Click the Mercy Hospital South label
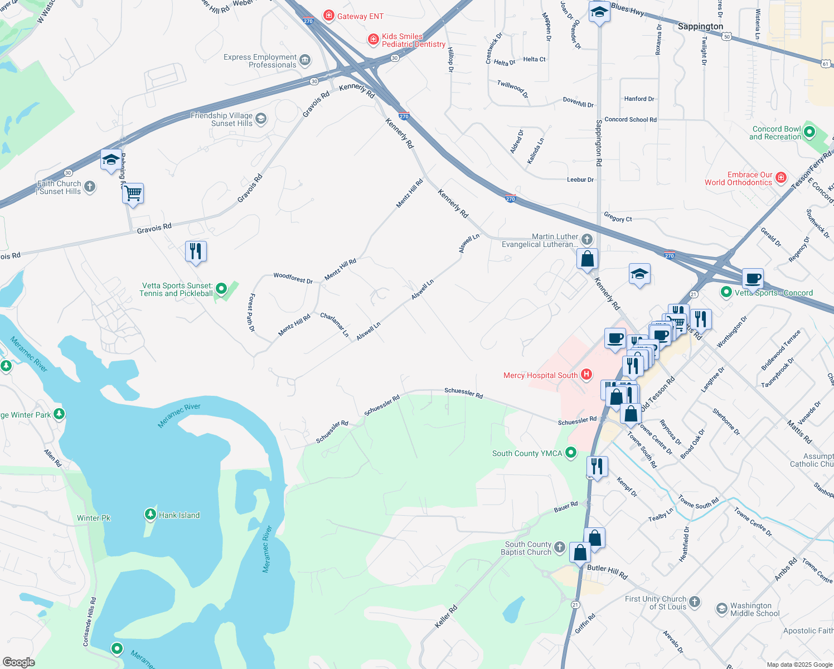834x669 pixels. pos(540,375)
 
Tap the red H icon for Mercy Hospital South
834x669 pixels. pos(586,375)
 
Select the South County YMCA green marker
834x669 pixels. pos(571,453)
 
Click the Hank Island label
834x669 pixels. pos(179,515)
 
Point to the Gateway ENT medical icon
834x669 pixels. pos(329,16)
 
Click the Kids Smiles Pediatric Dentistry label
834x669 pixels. pos(413,40)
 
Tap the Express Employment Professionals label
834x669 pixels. pos(260,61)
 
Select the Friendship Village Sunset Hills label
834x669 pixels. pos(221,119)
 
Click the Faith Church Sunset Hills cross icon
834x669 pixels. pos(90,187)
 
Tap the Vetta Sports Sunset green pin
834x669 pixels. pos(221,289)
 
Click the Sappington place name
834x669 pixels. pos(700,26)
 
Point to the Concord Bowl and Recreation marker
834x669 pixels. pos(809,132)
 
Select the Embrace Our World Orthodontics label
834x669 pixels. pos(738,178)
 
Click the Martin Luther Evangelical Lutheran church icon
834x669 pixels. pos(586,240)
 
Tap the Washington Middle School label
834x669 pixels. pos(751,609)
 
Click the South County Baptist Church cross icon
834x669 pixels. pos(560,547)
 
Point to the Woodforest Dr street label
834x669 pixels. pos(293,278)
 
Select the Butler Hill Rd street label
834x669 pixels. pos(607,571)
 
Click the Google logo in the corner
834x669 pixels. pos(18,662)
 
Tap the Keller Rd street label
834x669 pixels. pos(446,617)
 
